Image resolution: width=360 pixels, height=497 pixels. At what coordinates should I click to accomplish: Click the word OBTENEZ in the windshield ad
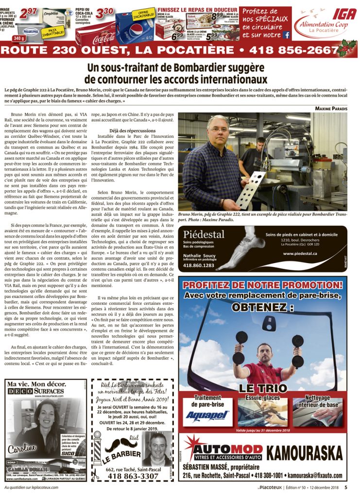click(x=262, y=307)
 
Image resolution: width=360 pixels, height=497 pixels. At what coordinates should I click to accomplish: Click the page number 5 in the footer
click(x=346, y=488)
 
